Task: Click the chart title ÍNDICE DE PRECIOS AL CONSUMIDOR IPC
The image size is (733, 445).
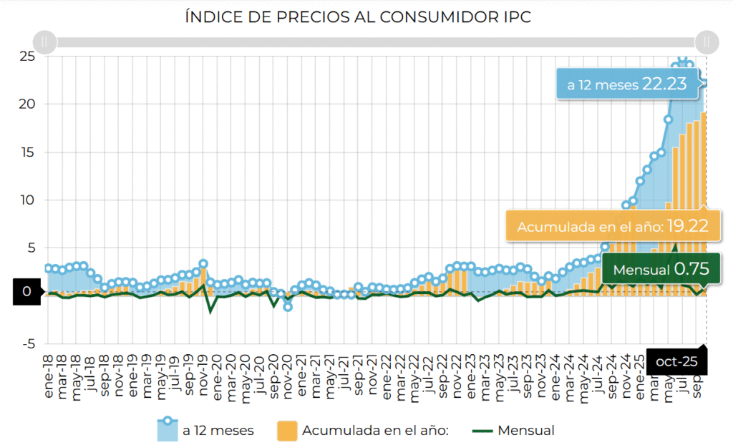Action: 358,16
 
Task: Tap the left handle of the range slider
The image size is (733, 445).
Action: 45,41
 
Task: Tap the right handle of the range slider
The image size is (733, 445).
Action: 707,41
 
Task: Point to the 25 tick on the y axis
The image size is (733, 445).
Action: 27,56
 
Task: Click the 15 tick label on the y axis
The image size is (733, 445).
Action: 27,152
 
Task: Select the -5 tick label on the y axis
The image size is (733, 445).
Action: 27,344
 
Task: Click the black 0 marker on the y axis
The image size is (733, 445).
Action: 26,292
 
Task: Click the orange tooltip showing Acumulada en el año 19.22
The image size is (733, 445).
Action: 613,227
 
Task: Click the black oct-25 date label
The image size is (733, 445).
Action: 676,362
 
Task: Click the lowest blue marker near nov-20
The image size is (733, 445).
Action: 288,306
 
